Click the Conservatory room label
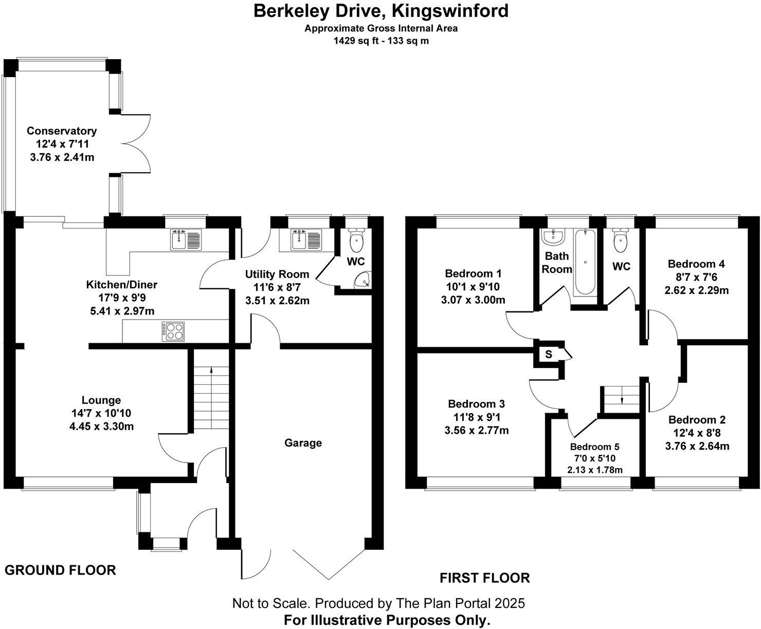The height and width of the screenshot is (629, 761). [x=62, y=131]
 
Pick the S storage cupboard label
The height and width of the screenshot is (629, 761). [x=549, y=354]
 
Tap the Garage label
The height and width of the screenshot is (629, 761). [x=303, y=443]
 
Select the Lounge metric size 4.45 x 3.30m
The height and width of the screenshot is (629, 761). [x=102, y=425]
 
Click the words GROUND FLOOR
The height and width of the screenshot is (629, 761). [x=60, y=570]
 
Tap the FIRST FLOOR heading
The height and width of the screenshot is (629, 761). [x=484, y=578]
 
